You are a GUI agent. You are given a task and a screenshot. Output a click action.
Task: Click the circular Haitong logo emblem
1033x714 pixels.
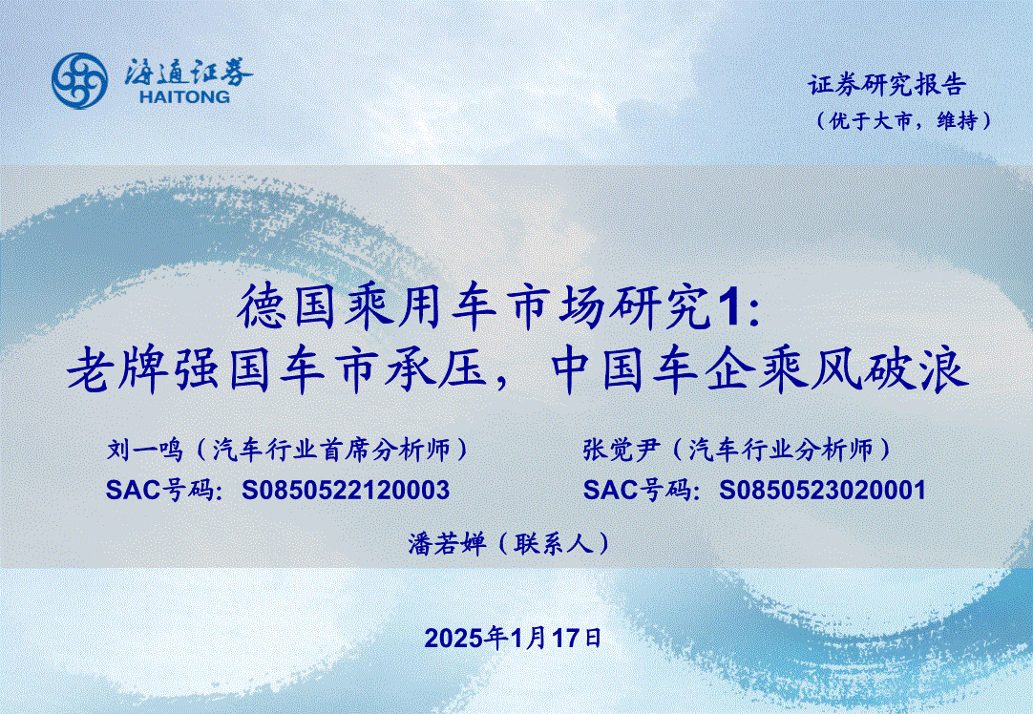pos(79,81)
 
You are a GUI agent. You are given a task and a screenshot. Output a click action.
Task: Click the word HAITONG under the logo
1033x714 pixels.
pos(185,97)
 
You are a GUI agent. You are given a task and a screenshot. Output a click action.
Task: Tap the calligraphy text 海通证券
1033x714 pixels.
pos(188,72)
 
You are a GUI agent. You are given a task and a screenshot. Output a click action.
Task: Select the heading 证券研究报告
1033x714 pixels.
pos(887,85)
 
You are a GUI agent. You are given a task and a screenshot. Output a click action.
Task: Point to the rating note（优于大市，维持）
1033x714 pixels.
pos(904,120)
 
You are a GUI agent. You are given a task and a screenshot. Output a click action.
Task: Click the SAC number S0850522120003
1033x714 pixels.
pos(346,490)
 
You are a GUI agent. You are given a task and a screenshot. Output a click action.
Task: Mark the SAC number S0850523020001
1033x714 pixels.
pos(822,490)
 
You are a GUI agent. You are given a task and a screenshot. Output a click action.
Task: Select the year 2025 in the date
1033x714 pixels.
pos(453,639)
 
